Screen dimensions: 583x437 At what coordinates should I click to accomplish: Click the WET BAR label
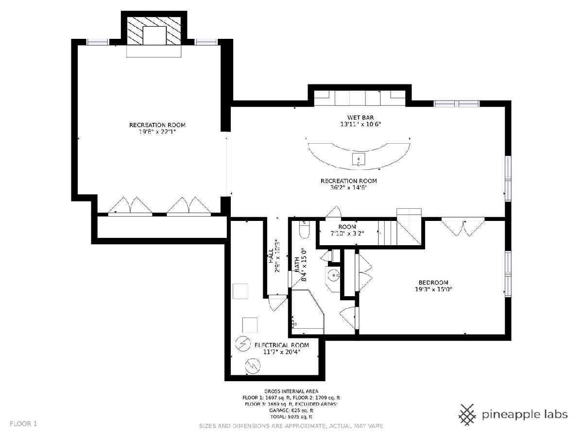click(x=360, y=118)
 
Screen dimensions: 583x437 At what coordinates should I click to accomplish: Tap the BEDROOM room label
click(x=433, y=283)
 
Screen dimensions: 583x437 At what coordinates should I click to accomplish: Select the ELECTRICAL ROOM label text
click(x=281, y=345)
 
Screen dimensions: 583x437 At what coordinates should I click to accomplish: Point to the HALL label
click(x=271, y=255)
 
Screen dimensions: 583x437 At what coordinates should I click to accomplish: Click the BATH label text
click(x=297, y=264)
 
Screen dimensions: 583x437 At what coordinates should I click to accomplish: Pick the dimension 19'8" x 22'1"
click(x=157, y=132)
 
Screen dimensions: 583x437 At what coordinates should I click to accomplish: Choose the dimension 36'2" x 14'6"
click(x=348, y=187)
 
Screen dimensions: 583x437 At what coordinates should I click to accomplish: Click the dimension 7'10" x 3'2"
click(x=347, y=234)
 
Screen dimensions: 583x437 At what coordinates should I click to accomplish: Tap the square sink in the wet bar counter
click(x=359, y=159)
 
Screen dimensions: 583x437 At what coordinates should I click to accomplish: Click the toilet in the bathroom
click(x=305, y=230)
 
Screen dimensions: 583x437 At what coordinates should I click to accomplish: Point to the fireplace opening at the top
click(x=154, y=35)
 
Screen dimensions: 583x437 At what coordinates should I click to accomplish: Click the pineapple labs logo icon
click(x=467, y=415)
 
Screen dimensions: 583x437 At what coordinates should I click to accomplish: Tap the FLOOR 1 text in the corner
click(x=23, y=424)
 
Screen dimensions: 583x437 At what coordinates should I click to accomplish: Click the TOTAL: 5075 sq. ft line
click(x=291, y=417)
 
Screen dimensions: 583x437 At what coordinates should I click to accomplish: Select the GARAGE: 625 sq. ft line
click(x=291, y=410)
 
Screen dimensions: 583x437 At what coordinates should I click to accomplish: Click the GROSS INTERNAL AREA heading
click(x=291, y=391)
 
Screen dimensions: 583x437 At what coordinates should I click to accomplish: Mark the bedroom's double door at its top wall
click(x=463, y=226)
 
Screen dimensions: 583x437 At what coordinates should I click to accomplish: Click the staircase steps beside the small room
click(x=388, y=233)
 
